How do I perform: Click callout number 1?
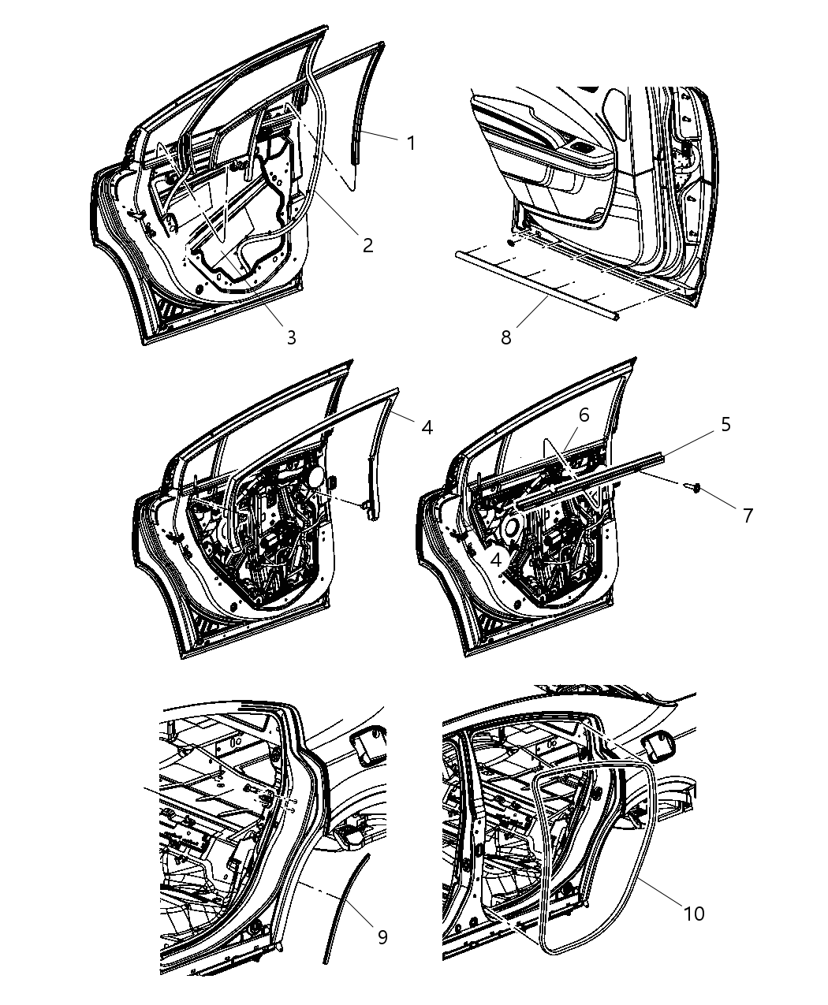click(410, 143)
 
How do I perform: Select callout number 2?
click(367, 244)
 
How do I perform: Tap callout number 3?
click(291, 337)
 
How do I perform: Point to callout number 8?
click(505, 337)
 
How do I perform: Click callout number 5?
click(725, 425)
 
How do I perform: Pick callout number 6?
click(583, 415)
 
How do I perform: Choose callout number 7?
click(748, 515)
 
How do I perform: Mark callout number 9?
click(382, 937)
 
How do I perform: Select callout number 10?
click(694, 914)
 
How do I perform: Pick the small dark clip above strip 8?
click(513, 243)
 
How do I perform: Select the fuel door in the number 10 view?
click(658, 744)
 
